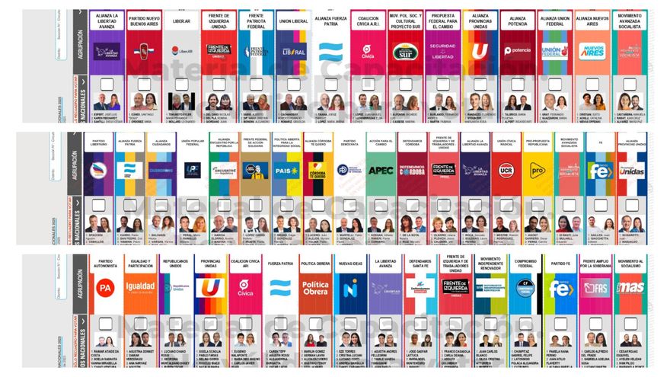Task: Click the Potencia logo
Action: coord(518,51)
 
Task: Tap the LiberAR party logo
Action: coord(180,51)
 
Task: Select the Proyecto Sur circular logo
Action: coord(405,51)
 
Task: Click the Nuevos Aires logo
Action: coord(592,51)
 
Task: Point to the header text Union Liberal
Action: coord(293,22)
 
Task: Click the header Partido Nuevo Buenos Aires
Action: coord(143,22)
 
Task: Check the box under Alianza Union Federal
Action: coord(555,84)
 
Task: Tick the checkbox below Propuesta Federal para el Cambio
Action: coord(442,84)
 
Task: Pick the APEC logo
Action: coord(381,170)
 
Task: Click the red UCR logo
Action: coord(505,170)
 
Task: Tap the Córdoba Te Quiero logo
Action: coord(317,170)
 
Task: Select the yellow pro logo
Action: coord(537,170)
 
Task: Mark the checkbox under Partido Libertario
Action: coord(98,204)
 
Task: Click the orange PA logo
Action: coord(105,288)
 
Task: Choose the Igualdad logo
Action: coord(140,287)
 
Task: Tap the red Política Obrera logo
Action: coord(315,288)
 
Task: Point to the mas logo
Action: coord(630,287)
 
